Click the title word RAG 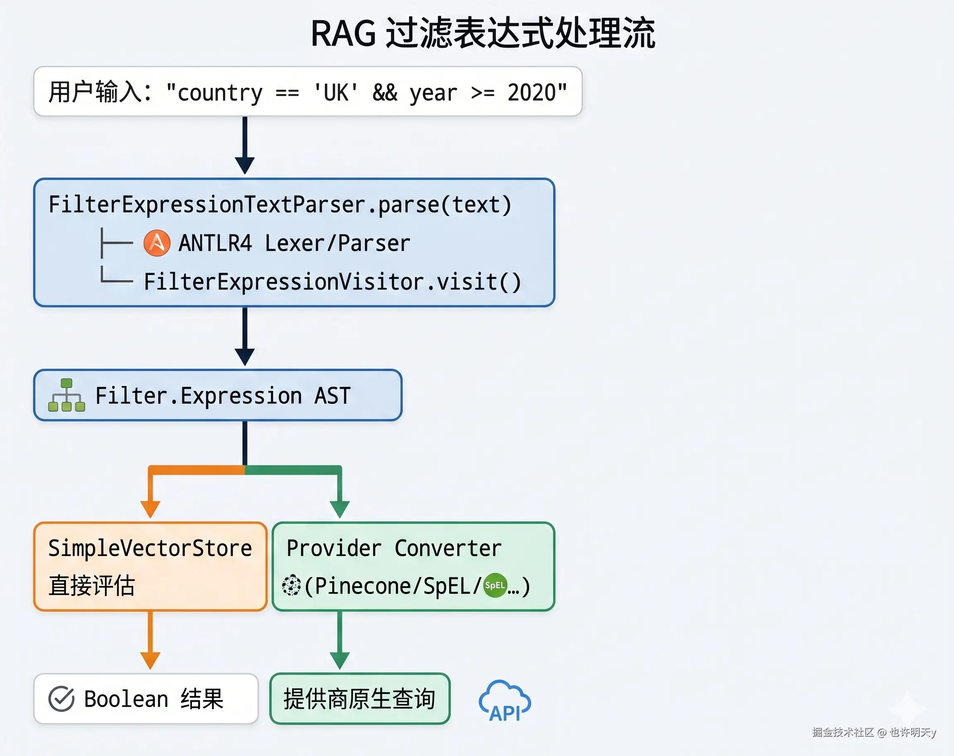(344, 34)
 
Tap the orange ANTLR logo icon (157, 243)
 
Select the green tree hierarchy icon (66, 395)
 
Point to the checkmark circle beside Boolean (61, 699)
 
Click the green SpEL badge (495, 585)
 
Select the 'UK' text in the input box (336, 93)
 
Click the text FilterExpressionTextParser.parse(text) (280, 204)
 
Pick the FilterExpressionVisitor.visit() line (333, 281)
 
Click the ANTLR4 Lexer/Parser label (294, 243)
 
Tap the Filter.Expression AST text (223, 395)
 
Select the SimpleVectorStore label (150, 548)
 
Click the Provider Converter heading (394, 548)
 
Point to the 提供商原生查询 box (360, 699)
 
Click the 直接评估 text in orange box (92, 586)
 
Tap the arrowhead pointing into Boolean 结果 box (150, 660)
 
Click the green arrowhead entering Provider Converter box (340, 509)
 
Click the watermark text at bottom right (874, 732)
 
